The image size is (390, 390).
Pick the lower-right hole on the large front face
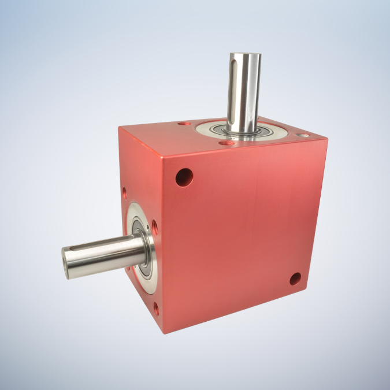tap(295, 279)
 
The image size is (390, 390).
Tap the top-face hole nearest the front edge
tap(226, 142)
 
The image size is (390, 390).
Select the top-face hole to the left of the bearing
tap(184, 124)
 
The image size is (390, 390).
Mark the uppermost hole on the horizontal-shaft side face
tap(125, 190)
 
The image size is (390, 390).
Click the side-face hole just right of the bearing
tap(154, 225)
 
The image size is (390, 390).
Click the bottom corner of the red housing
tap(165, 333)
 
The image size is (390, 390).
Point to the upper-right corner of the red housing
tap(326, 138)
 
